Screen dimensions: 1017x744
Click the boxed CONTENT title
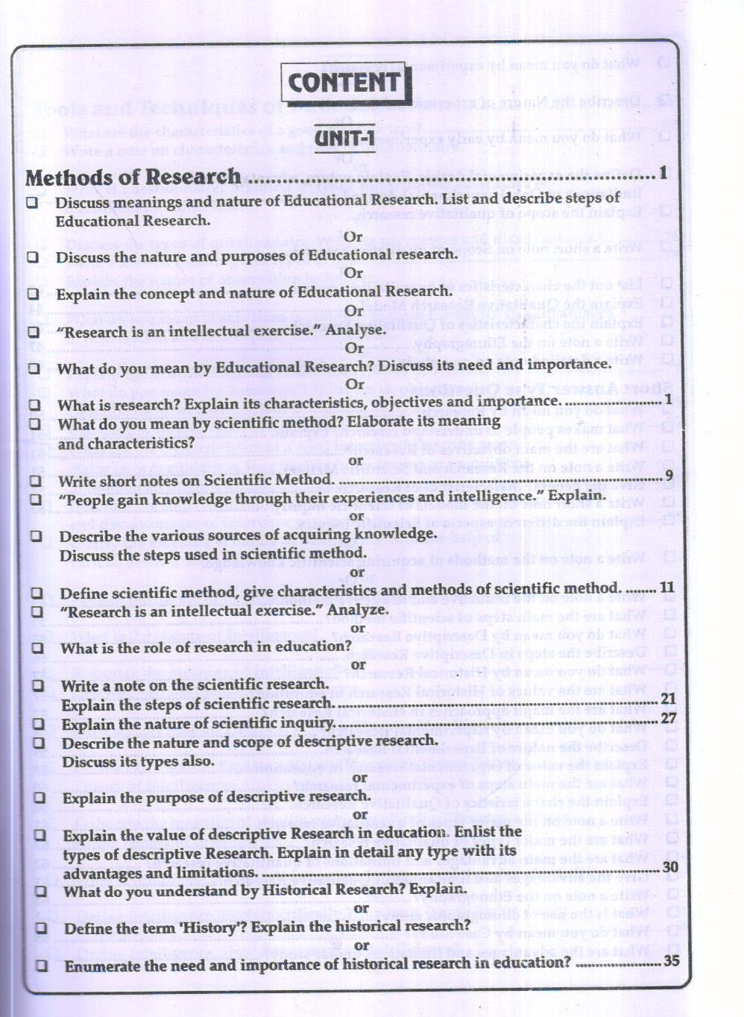coord(345,83)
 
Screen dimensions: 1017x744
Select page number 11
coord(666,588)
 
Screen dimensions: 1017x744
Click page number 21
coord(668,699)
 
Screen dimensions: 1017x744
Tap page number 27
coord(668,718)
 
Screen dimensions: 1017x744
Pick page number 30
coord(670,866)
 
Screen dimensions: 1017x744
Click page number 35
coord(671,960)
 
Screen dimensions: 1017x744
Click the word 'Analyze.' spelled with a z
coord(358,610)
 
